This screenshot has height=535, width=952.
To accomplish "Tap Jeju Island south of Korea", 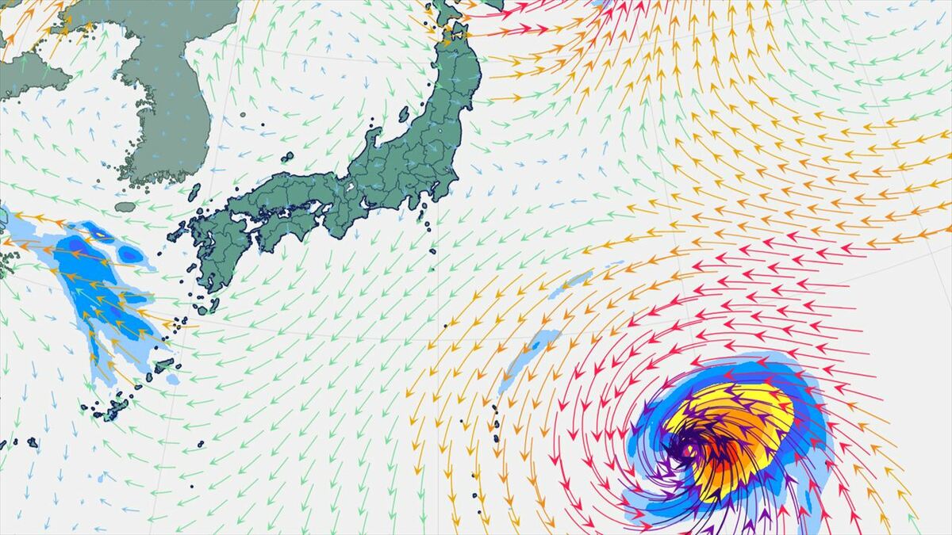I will tap(125, 207).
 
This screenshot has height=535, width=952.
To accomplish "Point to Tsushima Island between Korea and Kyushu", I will tap(194, 193).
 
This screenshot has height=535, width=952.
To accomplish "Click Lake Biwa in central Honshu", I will tap(350, 189).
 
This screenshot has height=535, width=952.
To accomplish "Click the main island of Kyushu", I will tap(212, 254).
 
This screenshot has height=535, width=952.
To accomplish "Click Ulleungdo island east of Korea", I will tap(243, 114).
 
